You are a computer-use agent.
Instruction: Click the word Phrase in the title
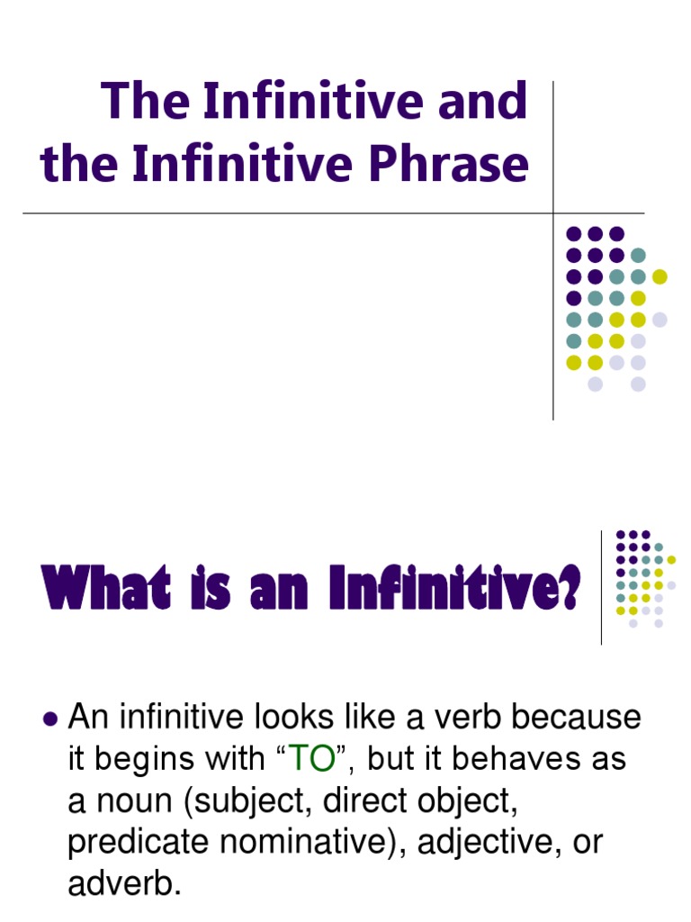(x=458, y=165)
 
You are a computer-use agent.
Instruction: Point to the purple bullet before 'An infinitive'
(x=50, y=719)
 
